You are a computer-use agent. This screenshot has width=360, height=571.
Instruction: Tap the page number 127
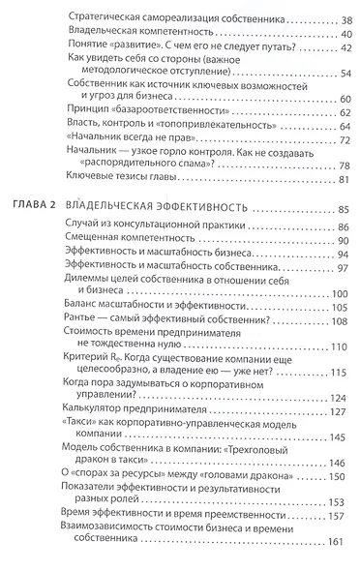336,409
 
